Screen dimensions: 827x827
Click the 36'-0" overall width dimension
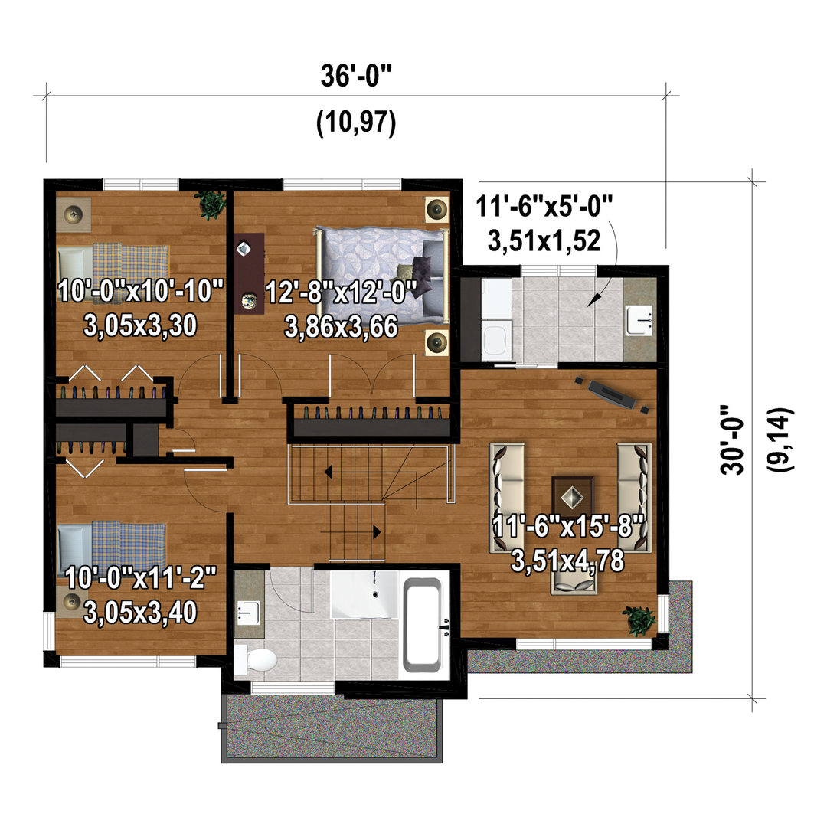tap(356, 76)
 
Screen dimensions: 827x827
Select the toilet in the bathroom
tap(256, 659)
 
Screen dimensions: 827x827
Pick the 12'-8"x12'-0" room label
tap(342, 292)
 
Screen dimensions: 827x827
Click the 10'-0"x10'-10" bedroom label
tap(141, 291)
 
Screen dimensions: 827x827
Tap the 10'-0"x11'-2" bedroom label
tap(141, 577)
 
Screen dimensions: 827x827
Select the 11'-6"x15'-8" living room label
tap(568, 526)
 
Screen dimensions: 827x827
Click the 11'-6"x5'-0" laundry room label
tap(544, 206)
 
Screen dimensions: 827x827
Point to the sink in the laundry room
tap(639, 319)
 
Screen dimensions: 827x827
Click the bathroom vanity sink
tap(248, 613)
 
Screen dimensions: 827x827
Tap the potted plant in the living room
tap(639, 619)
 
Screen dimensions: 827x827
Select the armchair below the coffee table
tap(574, 581)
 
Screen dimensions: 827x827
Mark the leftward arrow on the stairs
tap(328, 472)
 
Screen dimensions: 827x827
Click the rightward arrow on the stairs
tap(377, 532)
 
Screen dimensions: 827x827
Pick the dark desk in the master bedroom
tap(248, 273)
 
